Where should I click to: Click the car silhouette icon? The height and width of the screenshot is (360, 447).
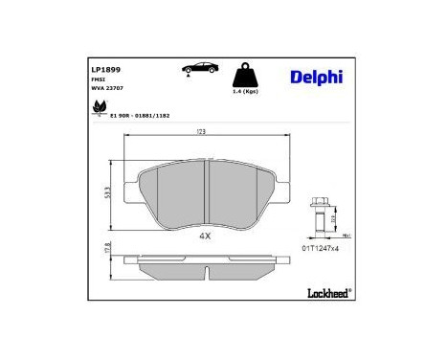coord(195,70)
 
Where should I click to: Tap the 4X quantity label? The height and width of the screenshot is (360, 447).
coord(205,236)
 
